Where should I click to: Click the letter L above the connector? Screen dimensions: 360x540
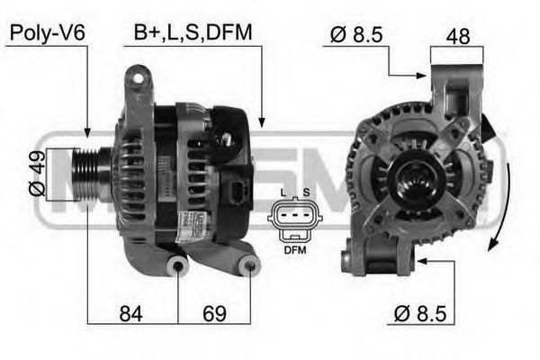coord(283,193)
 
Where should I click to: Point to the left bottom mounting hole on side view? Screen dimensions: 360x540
coord(180,266)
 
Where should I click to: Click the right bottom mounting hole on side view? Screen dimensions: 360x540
coord(251,265)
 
